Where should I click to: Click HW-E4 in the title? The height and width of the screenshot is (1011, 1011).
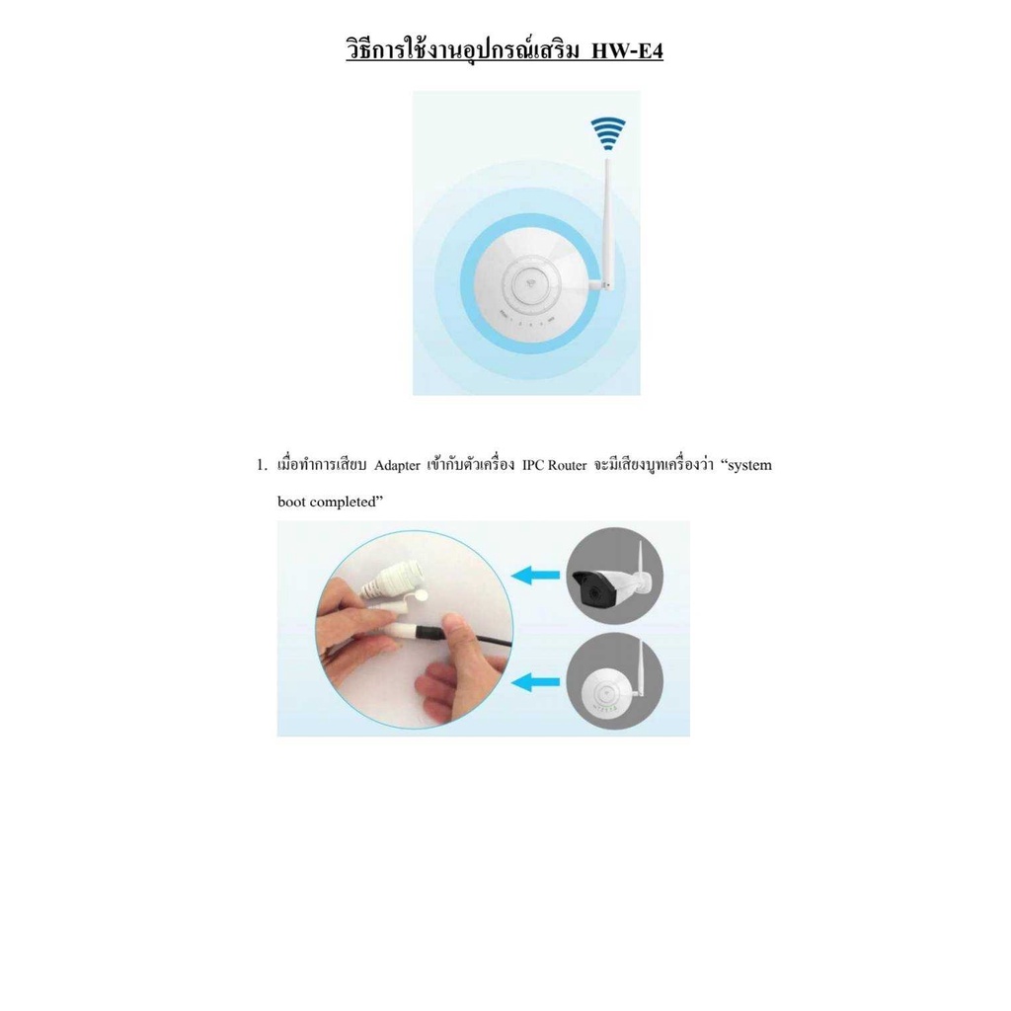coord(627,49)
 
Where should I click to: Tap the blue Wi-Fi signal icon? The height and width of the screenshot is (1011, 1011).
coord(608,133)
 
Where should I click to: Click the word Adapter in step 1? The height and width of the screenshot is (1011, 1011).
coord(397,466)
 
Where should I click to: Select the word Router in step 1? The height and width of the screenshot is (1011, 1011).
coord(567,465)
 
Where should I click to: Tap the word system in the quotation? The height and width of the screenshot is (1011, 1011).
coord(749,466)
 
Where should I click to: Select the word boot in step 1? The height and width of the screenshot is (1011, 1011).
coord(291,502)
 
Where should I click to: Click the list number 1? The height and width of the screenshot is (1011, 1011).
coord(261,465)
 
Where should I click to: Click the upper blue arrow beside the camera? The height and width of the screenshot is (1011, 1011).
coord(535,574)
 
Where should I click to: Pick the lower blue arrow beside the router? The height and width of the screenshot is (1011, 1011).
coord(535,681)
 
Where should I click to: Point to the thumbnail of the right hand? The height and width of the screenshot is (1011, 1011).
coord(454,625)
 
